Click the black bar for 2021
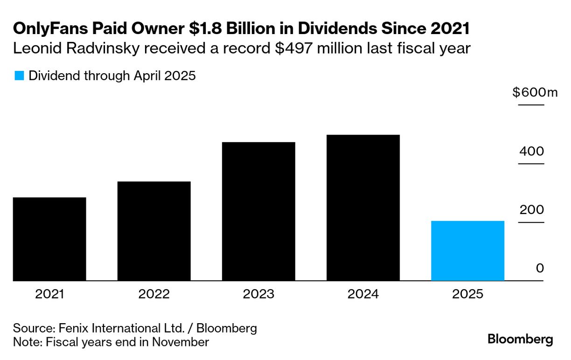click(x=49, y=239)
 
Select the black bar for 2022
click(x=154, y=231)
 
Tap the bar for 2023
click(x=258, y=211)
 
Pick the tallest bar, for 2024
click(x=363, y=208)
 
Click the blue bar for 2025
click(x=467, y=250)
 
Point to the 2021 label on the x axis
click(x=49, y=295)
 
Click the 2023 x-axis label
click(x=258, y=295)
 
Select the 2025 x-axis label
click(x=467, y=295)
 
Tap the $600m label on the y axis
click(x=535, y=93)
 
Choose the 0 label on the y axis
click(x=540, y=269)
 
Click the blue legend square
click(x=19, y=76)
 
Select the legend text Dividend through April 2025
click(x=112, y=76)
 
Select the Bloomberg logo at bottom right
click(x=520, y=339)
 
